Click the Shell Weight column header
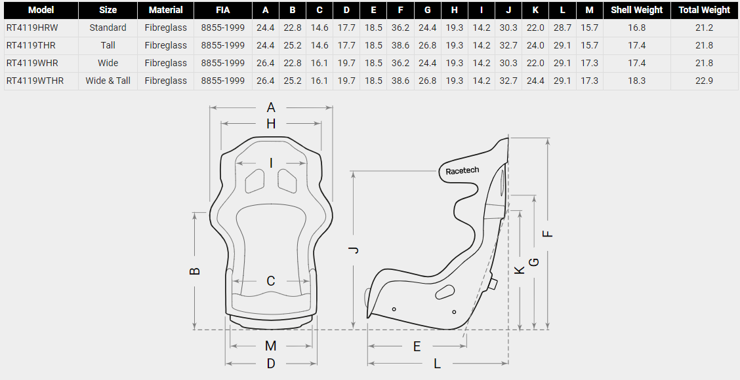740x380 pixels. coord(636,10)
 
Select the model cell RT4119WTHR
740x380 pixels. coord(35,81)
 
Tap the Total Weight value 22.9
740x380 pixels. coord(704,81)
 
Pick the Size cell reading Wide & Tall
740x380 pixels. coord(108,81)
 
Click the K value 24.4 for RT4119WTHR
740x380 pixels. coord(535,81)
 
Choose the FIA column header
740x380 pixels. coord(223,10)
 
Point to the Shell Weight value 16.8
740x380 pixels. coord(636,28)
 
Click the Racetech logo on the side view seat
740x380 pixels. coord(462,170)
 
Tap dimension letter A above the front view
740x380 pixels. coord(271,108)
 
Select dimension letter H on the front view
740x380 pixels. coord(271,124)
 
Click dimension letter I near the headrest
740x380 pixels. coord(271,164)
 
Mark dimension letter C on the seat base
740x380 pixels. coord(270,282)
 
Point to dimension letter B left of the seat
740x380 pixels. coord(195,271)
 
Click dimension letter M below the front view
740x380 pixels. coord(270,346)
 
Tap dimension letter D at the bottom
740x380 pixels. coord(270,364)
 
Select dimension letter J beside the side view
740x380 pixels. coord(356,250)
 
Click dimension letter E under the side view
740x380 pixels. coord(417,347)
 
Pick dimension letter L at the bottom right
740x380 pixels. coord(437,364)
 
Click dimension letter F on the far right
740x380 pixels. coord(547,233)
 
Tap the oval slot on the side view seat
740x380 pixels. coord(445,292)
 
